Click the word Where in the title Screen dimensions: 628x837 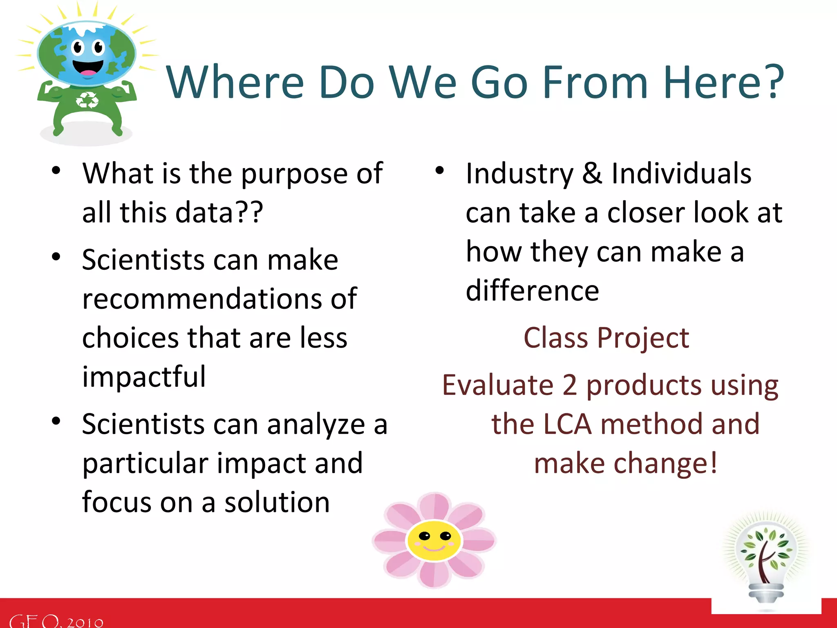point(235,83)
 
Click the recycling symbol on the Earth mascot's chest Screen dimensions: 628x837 point(87,100)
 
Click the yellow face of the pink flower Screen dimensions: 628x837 point(434,541)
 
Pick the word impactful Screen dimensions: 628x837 point(144,377)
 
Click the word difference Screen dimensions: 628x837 point(532,291)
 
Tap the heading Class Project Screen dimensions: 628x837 point(606,339)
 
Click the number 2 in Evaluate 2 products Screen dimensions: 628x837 point(569,385)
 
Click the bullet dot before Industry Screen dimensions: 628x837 point(439,170)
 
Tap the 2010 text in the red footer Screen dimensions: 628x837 point(85,622)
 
